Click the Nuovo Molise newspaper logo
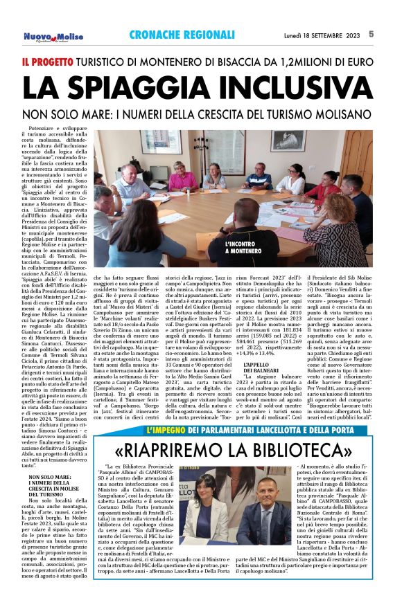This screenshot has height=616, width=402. point(53,36)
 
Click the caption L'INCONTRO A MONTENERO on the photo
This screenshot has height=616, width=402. point(243,248)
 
